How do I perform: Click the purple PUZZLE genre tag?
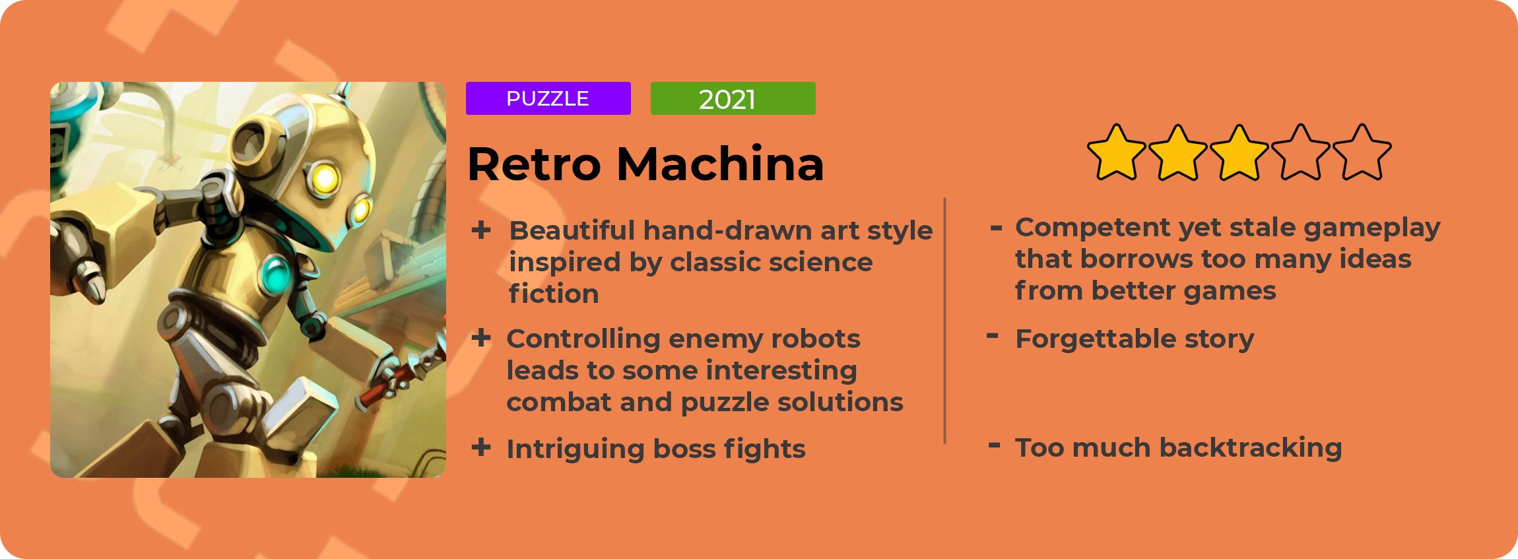548,98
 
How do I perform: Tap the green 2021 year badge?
733,98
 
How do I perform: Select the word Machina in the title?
720,163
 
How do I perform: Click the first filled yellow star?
1116,153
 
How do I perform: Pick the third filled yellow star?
1239,153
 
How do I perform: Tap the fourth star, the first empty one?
1300,153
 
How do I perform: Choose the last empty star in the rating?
1362,153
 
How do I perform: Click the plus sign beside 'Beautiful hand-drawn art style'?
481,230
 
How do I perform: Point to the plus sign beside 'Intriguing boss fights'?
481,447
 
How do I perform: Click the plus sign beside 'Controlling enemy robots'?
481,338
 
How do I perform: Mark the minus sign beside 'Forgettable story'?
992,336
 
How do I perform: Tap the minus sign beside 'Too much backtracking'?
994,445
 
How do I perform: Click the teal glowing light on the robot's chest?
275,275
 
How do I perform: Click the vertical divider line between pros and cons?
945,320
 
